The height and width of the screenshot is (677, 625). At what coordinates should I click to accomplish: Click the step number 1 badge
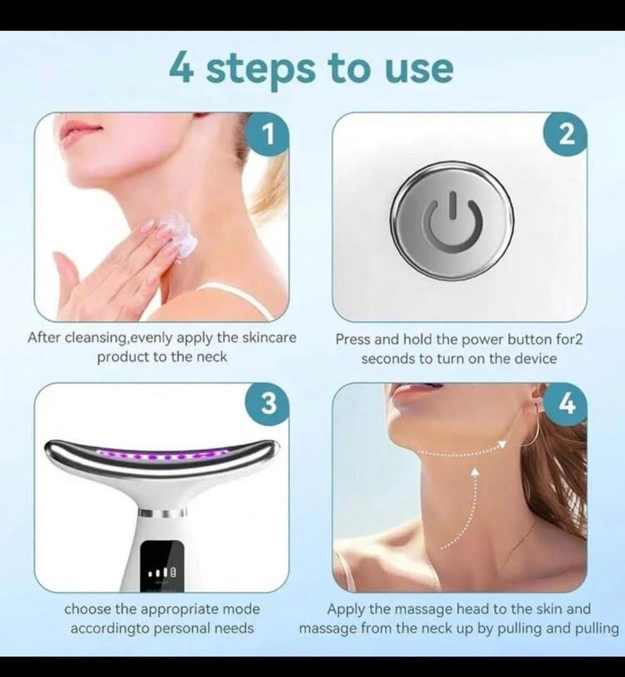click(268, 134)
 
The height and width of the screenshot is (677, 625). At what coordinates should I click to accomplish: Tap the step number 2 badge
click(566, 134)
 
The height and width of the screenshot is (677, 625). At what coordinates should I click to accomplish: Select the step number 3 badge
click(268, 404)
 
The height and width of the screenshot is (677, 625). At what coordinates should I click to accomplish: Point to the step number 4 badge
click(566, 404)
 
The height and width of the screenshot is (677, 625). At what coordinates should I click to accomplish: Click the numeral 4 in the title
click(180, 68)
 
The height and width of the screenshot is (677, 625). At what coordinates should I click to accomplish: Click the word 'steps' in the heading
click(260, 70)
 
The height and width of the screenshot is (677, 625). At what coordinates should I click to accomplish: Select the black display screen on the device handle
click(163, 566)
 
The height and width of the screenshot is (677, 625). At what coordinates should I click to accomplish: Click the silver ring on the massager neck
click(163, 513)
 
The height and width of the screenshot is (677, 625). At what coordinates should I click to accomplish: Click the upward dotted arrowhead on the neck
click(475, 472)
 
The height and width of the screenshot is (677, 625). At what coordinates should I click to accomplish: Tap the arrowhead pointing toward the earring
click(501, 445)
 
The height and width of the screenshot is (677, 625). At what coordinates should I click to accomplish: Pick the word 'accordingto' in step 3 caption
click(110, 628)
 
